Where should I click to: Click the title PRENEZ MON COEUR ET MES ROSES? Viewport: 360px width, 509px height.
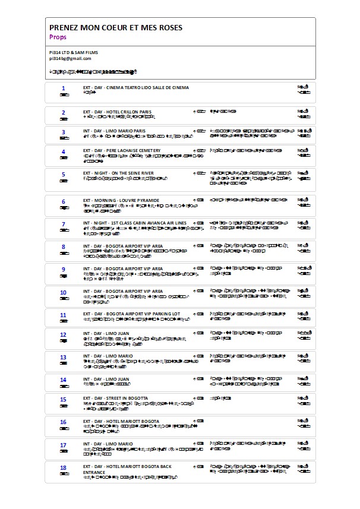(116, 27)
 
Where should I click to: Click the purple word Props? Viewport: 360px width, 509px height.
(58, 37)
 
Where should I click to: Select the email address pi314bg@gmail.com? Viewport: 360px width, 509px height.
(70, 58)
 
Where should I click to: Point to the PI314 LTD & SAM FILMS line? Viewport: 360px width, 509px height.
(74, 53)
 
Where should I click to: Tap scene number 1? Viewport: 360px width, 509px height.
(63, 88)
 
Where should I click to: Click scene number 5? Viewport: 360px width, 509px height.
(63, 174)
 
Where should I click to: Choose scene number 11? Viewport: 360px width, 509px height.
(63, 314)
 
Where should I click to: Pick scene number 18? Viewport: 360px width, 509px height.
(63, 467)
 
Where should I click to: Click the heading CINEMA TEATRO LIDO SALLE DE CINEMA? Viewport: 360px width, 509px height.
(136, 88)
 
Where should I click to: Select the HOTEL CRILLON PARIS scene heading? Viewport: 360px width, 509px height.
(117, 112)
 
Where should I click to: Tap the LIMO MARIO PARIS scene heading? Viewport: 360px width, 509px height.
(114, 131)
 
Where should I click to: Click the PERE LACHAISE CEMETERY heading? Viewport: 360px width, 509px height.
(122, 151)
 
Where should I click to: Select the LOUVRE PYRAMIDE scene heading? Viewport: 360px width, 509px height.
(121, 201)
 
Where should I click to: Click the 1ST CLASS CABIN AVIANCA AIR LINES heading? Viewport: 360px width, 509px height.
(134, 223)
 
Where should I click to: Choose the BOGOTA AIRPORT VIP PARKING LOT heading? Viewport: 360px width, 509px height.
(131, 314)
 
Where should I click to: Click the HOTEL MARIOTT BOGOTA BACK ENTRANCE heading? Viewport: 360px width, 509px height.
(127, 469)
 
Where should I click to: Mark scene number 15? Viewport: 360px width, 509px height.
(63, 399)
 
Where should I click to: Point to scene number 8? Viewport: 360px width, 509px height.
(63, 245)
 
